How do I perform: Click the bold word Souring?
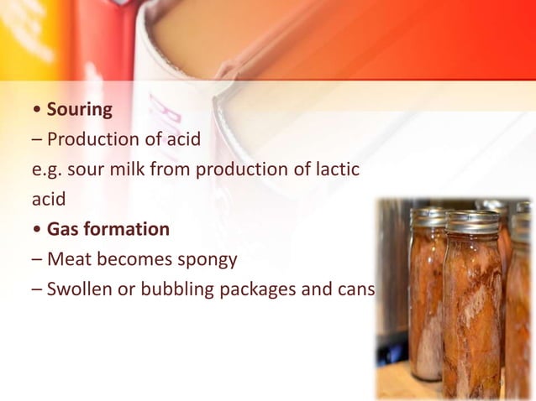pyautogui.click(x=80, y=109)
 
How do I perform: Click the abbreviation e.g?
pyautogui.click(x=43, y=169)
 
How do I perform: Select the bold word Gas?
pyautogui.click(x=62, y=229)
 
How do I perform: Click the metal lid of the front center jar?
pyautogui.click(x=473, y=222)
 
